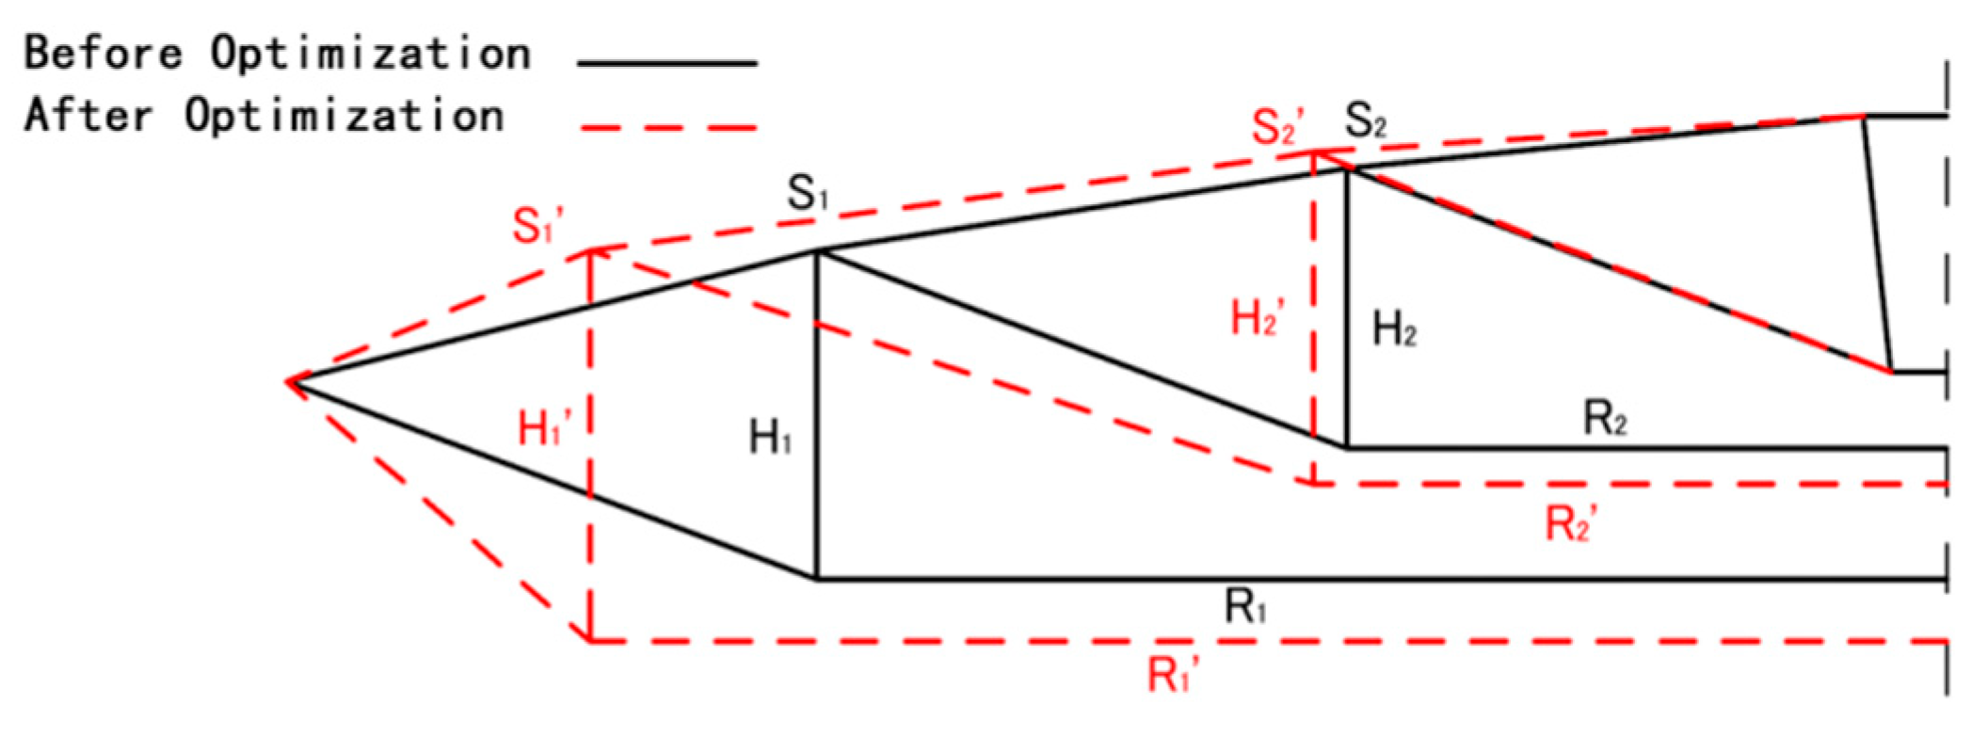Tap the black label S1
click(808, 194)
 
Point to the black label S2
click(1365, 120)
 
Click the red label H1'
click(544, 429)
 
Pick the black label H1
click(769, 438)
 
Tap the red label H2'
click(1258, 318)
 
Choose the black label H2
click(1394, 329)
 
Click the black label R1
click(1244, 607)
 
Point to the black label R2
click(1605, 417)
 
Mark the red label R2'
click(1571, 523)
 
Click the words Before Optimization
click(277, 54)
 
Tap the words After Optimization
click(264, 117)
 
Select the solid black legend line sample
click(666, 64)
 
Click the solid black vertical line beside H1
click(817, 414)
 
